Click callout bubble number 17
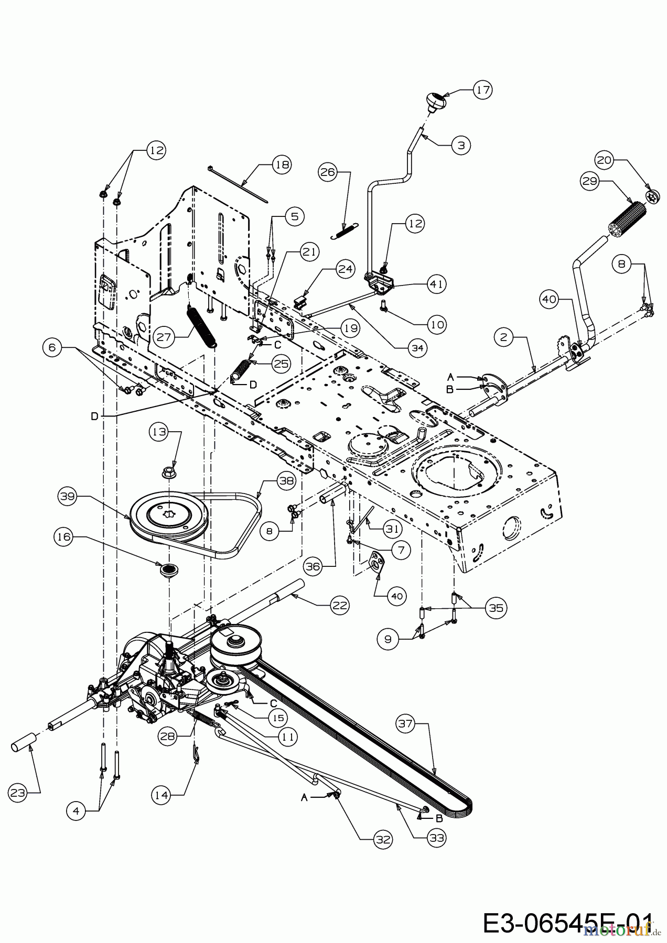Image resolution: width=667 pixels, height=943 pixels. tap(482, 90)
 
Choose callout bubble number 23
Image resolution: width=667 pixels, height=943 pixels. tap(18, 793)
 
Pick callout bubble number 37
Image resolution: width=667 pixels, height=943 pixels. tap(406, 725)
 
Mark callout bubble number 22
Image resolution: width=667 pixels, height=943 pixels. tap(340, 605)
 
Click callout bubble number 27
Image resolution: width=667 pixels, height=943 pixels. tap(164, 336)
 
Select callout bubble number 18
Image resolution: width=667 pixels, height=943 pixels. tap(282, 164)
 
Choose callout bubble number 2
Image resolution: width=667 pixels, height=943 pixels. tap(504, 337)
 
